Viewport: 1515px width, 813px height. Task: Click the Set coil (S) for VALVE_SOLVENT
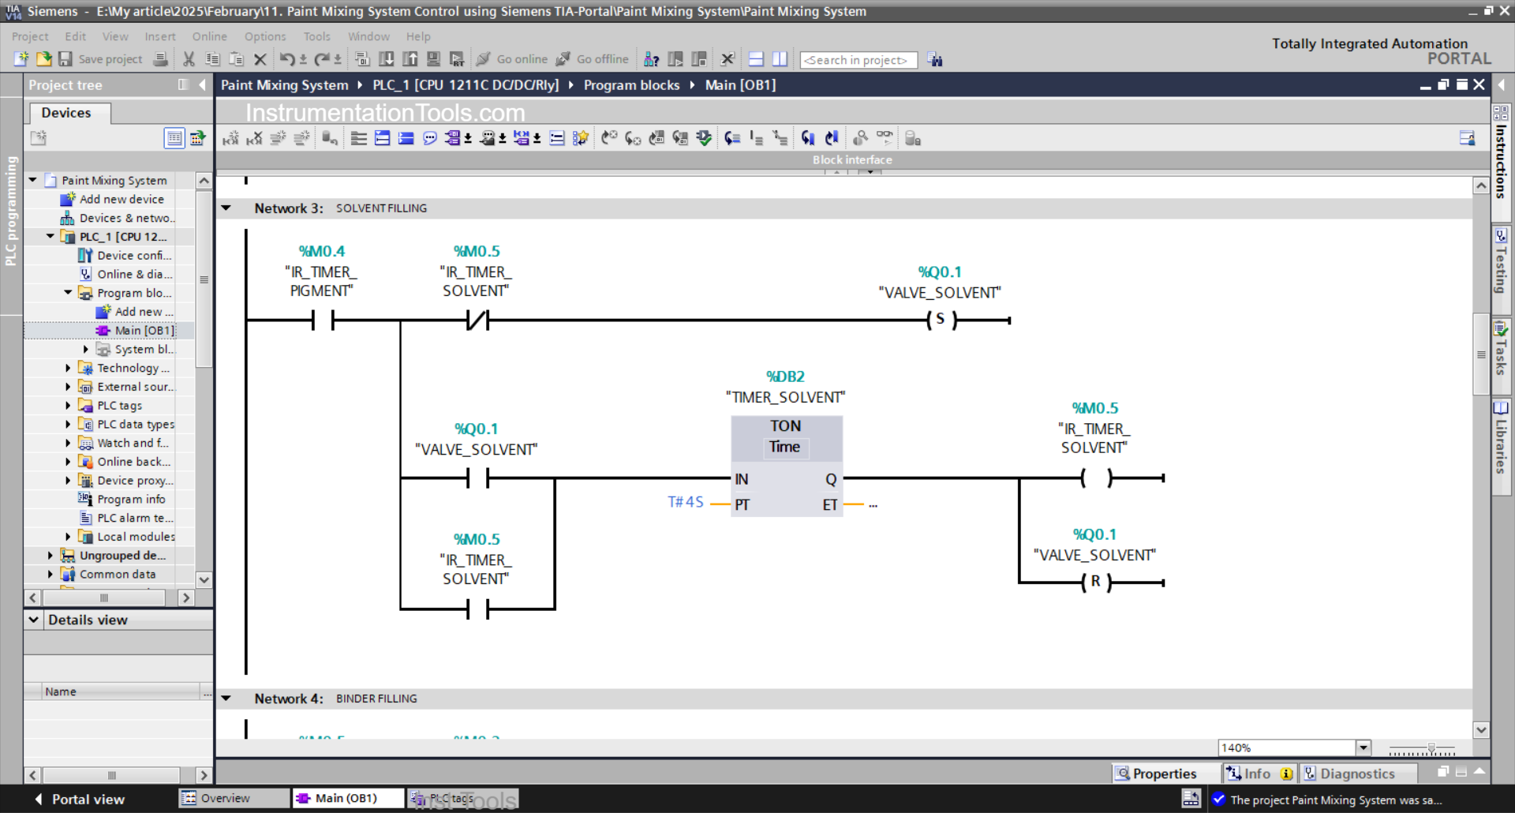[941, 320]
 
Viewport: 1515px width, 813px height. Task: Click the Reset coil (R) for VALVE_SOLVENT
[1095, 582]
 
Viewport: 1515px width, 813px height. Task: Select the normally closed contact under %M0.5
[477, 320]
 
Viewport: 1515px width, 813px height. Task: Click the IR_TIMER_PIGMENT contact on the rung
[323, 320]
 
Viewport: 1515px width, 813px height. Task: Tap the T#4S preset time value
[685, 502]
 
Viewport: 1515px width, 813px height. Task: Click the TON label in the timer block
[785, 426]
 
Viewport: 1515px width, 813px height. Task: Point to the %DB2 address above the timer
[785, 377]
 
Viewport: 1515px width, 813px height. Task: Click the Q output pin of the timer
[830, 479]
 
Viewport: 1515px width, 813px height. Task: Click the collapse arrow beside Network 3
[226, 208]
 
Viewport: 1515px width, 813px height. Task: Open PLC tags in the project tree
[119, 406]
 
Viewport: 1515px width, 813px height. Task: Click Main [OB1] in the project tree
[144, 331]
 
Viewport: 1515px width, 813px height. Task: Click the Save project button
[102, 59]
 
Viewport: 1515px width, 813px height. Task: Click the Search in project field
[858, 60]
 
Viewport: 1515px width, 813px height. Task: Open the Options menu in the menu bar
[265, 36]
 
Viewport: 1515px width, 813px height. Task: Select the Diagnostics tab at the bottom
[1356, 774]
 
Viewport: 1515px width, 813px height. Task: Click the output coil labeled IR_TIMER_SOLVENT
[1095, 478]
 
